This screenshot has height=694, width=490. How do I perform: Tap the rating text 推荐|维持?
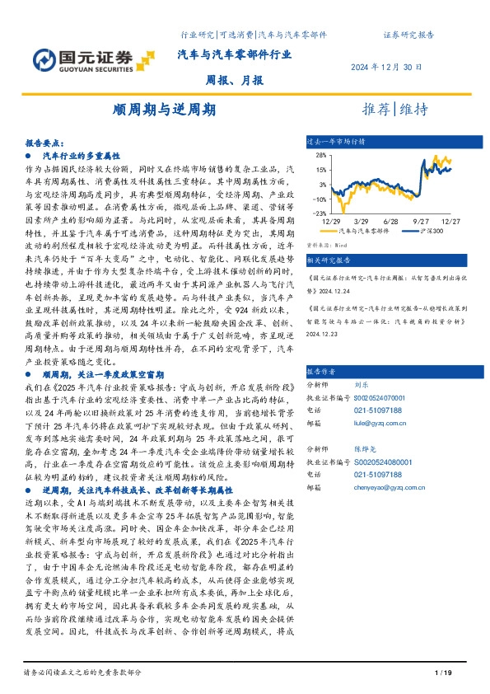(x=394, y=109)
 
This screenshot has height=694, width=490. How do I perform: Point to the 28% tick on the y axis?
(x=322, y=154)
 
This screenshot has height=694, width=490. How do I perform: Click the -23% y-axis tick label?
(x=320, y=213)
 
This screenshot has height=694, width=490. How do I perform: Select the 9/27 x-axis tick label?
(x=421, y=221)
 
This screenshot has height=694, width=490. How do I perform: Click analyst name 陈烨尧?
(x=366, y=450)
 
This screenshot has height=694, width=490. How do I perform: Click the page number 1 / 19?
(x=442, y=675)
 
